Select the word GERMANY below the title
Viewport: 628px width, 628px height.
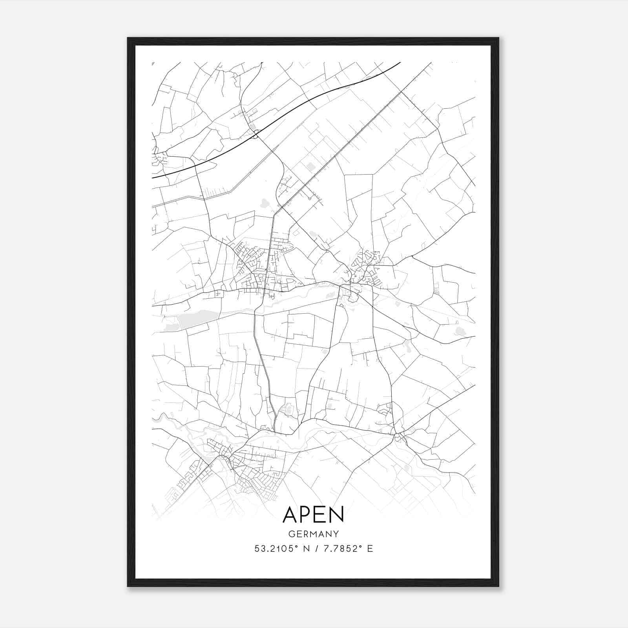[313, 534]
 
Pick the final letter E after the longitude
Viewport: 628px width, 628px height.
[370, 549]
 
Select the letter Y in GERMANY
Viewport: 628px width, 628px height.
[336, 534]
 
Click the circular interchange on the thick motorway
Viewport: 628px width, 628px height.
[256, 134]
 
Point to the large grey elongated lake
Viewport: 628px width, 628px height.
[198, 318]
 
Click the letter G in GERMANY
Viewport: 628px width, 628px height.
[291, 534]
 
